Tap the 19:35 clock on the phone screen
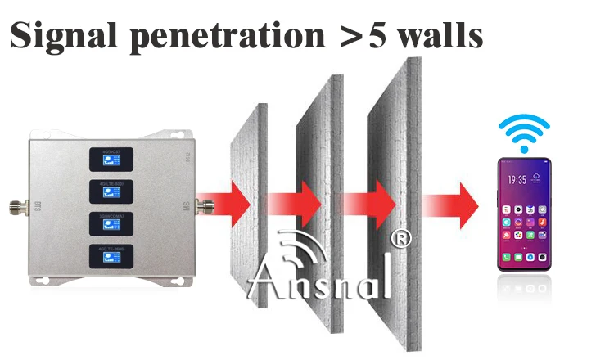[x=517, y=178]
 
